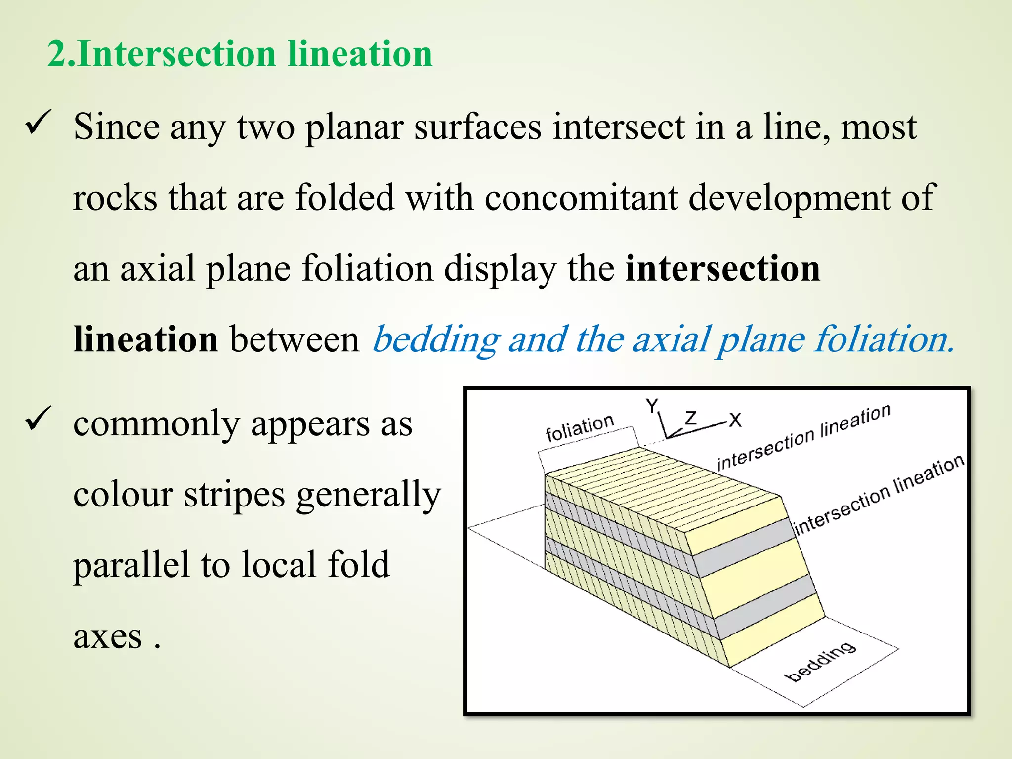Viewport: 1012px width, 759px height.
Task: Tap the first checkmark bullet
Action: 39,122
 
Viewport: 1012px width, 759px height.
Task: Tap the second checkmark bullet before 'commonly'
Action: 39,418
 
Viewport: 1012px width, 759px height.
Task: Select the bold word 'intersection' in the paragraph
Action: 722,269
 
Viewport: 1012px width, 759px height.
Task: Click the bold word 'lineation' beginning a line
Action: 145,340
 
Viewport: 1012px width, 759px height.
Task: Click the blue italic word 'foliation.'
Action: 884,340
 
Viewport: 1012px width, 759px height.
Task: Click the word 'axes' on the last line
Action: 108,636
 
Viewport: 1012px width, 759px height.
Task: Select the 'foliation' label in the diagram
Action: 579,428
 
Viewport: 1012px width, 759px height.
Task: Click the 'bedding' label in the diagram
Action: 820,662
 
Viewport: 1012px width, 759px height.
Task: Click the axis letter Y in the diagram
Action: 652,406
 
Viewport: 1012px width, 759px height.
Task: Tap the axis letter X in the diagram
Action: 735,421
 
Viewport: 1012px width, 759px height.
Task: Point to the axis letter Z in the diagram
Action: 691,418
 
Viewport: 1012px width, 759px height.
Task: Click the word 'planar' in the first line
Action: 354,127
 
